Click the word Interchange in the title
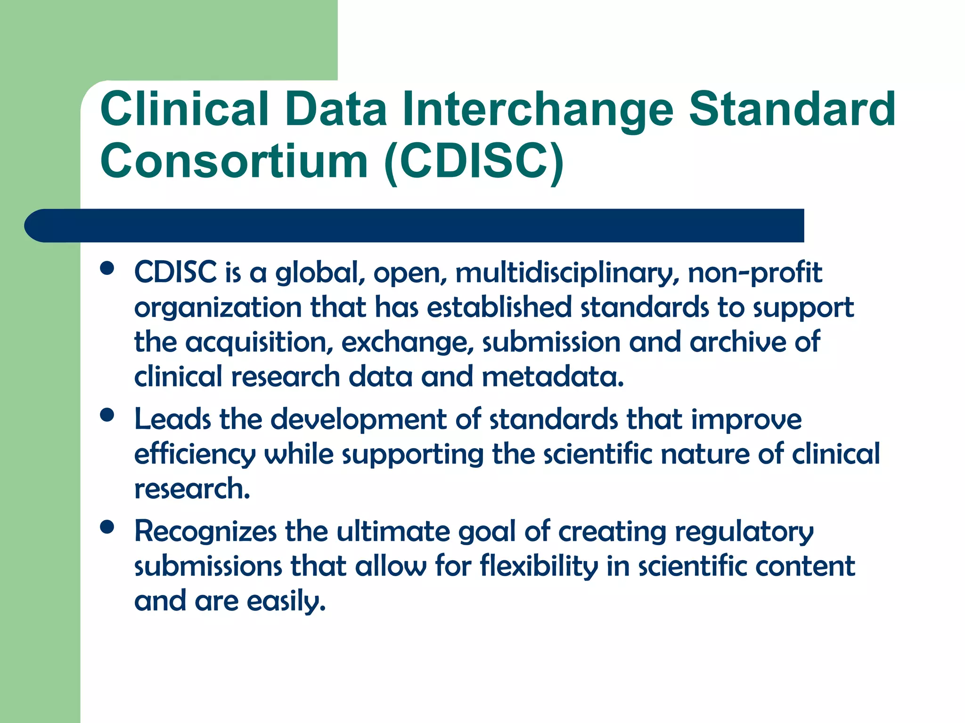coord(538,110)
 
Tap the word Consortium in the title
coord(234,161)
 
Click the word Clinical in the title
coord(184,110)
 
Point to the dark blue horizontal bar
coord(415,225)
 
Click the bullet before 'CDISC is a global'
coord(107,268)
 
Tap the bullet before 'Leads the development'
coord(107,415)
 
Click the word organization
coord(218,308)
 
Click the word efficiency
coord(195,455)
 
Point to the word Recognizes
coord(205,532)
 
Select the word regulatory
coord(744,532)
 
